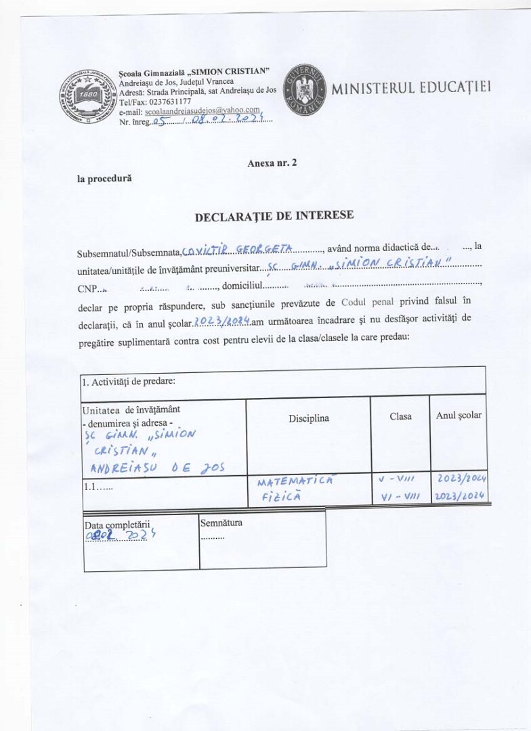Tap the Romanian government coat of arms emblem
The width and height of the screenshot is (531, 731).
pos(304,89)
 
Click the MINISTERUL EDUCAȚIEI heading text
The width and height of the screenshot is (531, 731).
pos(411,88)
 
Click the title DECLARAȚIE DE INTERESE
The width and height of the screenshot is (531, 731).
pos(274,217)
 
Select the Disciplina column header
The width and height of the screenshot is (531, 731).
pos(308,418)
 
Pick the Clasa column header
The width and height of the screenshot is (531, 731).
pos(400,416)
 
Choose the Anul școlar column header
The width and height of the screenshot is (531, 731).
pos(459,415)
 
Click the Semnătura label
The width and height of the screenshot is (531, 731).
pos(221,523)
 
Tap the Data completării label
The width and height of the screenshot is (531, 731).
pos(116,525)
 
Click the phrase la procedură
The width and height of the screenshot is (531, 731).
pos(104,179)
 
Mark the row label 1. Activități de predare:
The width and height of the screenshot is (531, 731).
pos(129,381)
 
